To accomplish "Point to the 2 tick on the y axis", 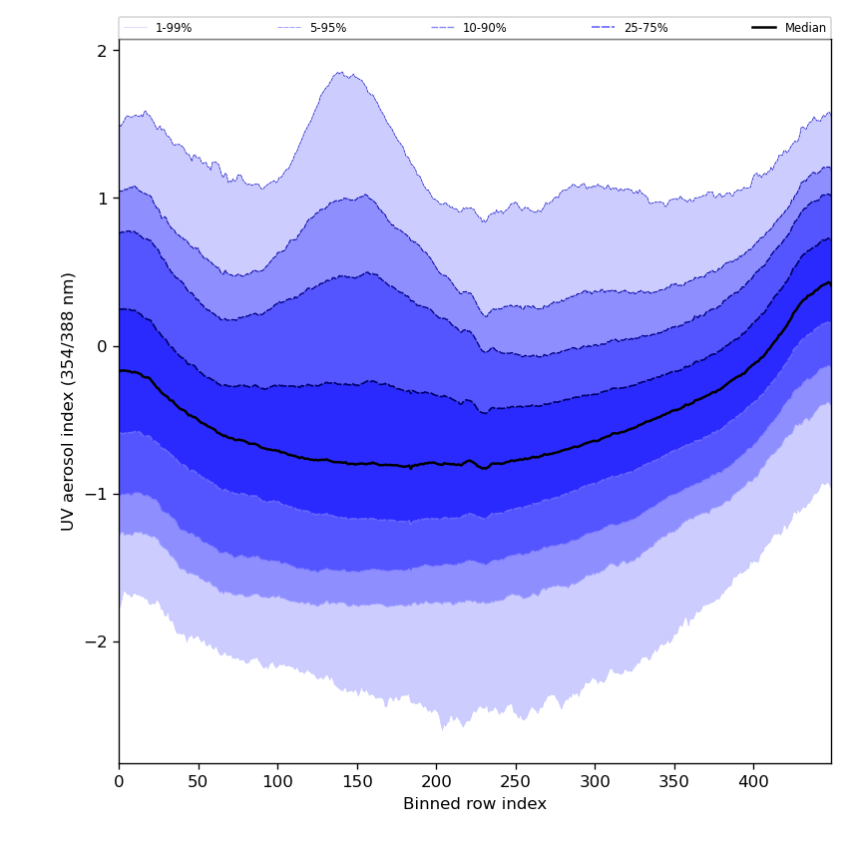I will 102,51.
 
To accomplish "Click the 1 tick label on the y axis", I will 102,199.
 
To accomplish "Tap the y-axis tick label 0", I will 102,346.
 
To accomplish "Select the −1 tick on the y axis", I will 97,494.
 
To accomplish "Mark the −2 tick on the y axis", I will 97,641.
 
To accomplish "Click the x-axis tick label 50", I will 199,781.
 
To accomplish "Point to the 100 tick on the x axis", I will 277,781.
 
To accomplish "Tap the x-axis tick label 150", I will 357,781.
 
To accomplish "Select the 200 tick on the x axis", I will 436,781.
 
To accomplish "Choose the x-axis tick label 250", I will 516,781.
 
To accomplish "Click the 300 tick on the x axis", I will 595,781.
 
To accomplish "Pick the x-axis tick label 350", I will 674,781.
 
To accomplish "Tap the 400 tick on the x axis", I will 753,781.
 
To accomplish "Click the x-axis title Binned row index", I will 475,804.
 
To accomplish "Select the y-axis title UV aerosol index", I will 68,401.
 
